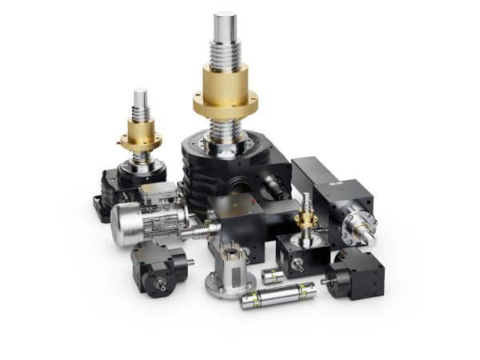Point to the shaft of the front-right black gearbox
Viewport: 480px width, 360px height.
pos(327,281)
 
